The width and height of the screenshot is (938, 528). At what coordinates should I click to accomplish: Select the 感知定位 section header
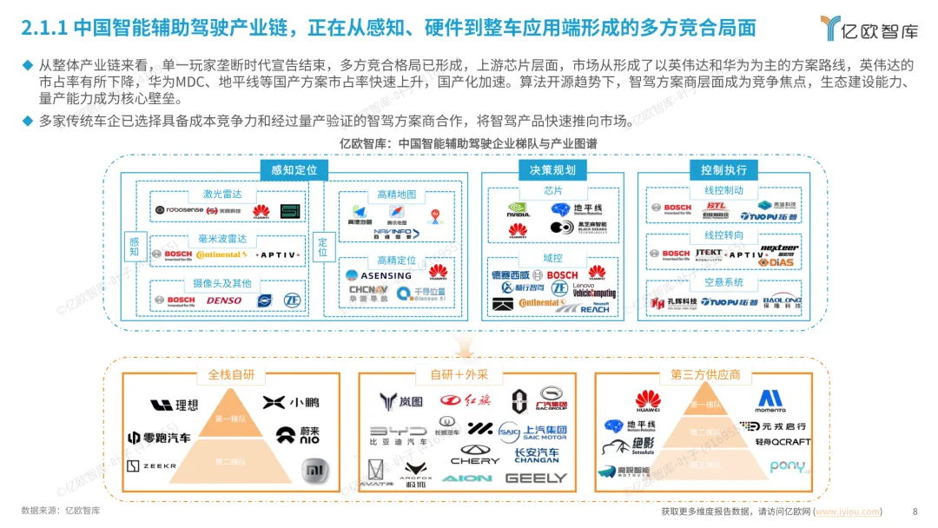pyautogui.click(x=294, y=169)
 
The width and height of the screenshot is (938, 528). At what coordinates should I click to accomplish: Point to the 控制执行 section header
pyautogui.click(x=723, y=169)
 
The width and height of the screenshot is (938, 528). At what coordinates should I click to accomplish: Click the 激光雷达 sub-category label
pyautogui.click(x=222, y=194)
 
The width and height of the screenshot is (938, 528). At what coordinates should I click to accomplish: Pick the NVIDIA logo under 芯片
pyautogui.click(x=519, y=209)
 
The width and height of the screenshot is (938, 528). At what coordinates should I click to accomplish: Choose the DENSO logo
pyautogui.click(x=224, y=300)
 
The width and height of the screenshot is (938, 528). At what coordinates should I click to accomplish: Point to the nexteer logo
pyautogui.click(x=779, y=248)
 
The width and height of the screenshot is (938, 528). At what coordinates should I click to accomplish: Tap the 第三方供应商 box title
pyautogui.click(x=705, y=375)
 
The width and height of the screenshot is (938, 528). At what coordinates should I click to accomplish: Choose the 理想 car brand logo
pyautogui.click(x=174, y=405)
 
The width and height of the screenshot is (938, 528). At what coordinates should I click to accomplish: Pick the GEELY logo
pyautogui.click(x=535, y=478)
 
